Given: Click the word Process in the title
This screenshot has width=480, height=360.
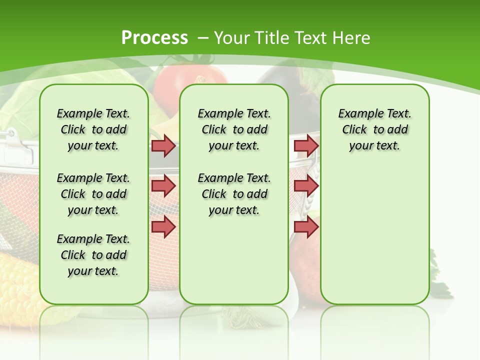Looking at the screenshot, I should [154, 37].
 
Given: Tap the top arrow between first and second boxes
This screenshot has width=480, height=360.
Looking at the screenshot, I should [163, 145].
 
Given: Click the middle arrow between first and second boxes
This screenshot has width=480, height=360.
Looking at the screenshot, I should [163, 186].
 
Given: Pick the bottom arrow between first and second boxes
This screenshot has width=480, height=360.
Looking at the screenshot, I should [163, 226].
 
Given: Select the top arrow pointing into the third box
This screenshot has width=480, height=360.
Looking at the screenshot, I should [306, 145].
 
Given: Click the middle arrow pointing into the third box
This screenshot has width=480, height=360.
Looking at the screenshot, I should [306, 186].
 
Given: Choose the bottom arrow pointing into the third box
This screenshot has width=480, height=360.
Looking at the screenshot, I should [306, 226].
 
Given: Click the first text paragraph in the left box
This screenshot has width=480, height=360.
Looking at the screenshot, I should [93, 129].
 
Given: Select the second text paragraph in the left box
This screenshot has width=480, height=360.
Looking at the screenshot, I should [93, 194].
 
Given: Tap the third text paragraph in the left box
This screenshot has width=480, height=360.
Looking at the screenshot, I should [93, 255].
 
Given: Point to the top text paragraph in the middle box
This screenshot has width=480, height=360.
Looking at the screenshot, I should [234, 129].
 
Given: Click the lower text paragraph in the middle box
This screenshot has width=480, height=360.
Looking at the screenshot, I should [234, 194].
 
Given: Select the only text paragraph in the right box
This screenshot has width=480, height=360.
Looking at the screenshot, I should [374, 129].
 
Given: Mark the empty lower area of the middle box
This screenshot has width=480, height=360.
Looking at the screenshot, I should [234, 260].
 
